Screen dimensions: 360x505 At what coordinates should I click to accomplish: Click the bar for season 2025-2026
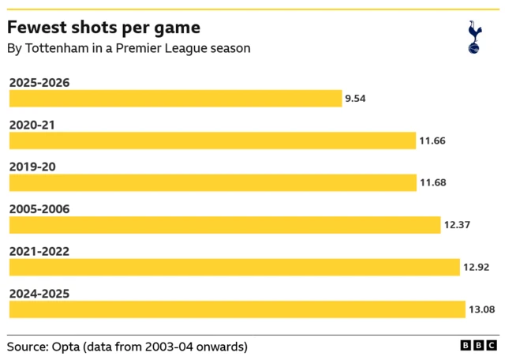175,99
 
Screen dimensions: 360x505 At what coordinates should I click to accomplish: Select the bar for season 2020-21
212,141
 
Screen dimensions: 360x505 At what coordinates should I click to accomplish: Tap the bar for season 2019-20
212,182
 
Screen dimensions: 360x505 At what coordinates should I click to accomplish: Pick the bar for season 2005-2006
225,225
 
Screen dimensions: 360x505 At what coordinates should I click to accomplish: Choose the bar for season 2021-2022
234,267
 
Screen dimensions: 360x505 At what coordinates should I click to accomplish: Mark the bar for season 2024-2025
238,309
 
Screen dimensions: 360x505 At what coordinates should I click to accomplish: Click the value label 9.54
356,99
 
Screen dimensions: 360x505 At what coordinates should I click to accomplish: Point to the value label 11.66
432,141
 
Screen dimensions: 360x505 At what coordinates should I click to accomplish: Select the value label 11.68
433,182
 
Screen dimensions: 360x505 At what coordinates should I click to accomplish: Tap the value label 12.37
458,225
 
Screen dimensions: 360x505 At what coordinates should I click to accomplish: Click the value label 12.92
477,267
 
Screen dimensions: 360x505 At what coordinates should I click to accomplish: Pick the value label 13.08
481,309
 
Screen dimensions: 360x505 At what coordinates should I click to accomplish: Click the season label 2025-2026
39,82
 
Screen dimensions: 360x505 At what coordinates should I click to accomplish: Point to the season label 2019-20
32,167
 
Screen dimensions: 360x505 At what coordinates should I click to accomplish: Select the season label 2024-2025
39,294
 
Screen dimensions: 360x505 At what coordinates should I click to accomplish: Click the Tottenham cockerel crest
474,37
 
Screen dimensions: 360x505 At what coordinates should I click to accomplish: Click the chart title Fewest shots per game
103,28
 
